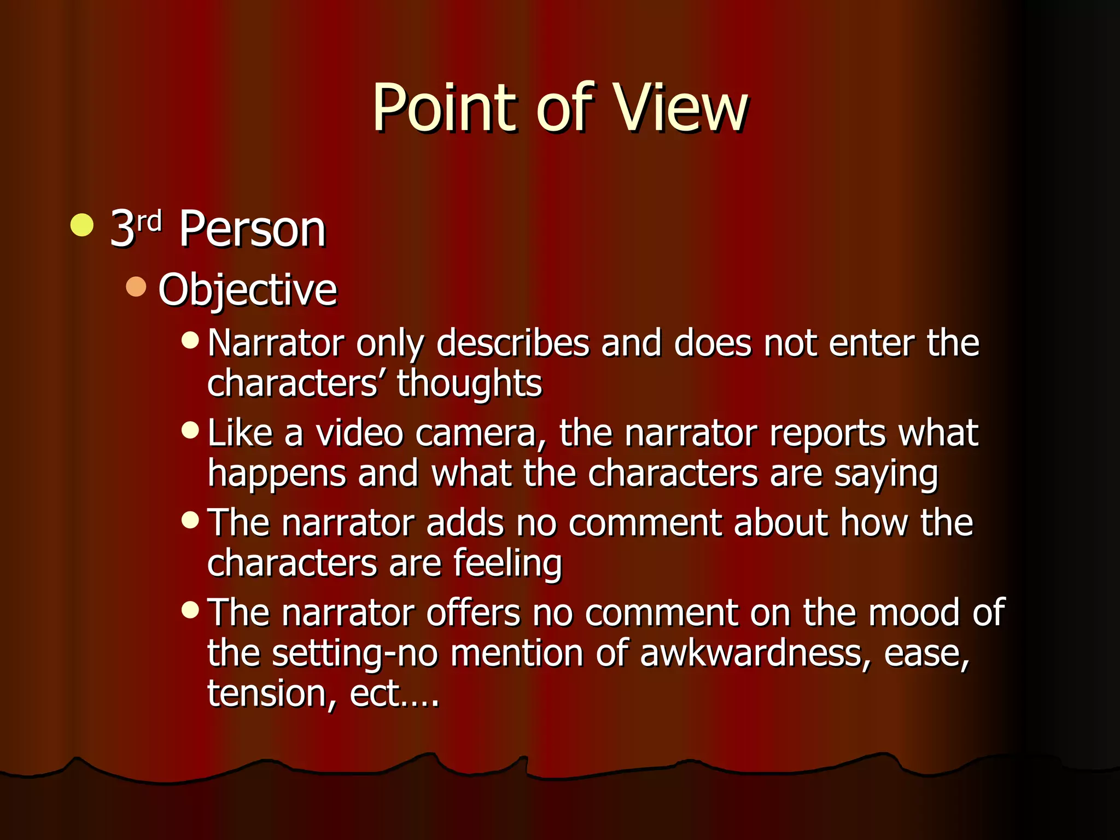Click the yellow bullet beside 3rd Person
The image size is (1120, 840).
coord(82,226)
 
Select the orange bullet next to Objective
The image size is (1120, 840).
coord(136,287)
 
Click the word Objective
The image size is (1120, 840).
coord(248,290)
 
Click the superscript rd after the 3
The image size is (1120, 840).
coord(149,221)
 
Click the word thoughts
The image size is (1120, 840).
coord(469,383)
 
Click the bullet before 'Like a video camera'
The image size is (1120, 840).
coord(190,430)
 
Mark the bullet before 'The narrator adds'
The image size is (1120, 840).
coord(190,520)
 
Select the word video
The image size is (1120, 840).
coord(360,433)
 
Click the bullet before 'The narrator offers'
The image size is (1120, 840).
coord(190,610)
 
